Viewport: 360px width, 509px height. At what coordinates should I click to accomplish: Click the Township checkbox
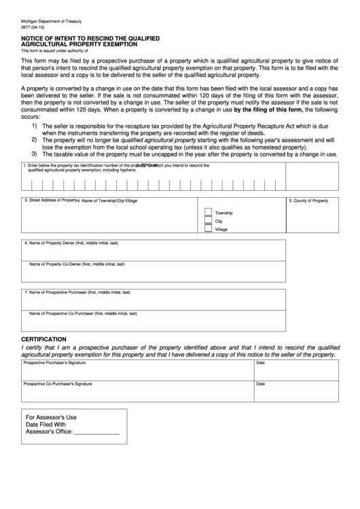click(208, 212)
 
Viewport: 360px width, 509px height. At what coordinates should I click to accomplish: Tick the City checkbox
click(208, 221)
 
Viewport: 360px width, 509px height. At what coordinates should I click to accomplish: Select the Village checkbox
click(208, 230)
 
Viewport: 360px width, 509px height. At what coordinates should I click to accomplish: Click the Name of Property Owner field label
click(71, 243)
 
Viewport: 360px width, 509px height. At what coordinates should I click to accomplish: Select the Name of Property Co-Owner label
click(76, 264)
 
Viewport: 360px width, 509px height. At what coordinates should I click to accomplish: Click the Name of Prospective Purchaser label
click(77, 292)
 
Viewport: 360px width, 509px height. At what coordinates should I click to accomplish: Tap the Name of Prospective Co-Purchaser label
click(83, 313)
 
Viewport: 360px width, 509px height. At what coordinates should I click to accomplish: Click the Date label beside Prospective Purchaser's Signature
click(260, 363)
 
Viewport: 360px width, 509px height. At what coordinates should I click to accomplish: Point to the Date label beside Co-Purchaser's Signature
click(260, 384)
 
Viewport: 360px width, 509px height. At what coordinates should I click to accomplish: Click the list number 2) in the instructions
click(34, 139)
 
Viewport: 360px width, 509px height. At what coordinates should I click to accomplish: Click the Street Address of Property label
click(51, 200)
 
